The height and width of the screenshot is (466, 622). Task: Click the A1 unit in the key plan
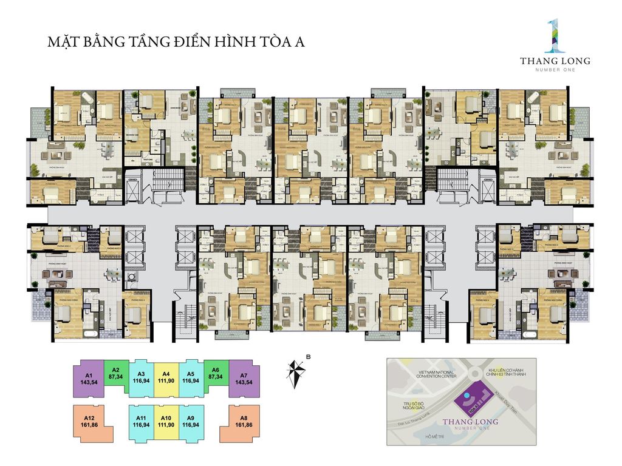(x=89, y=379)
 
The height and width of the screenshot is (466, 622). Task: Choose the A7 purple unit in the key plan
(x=244, y=379)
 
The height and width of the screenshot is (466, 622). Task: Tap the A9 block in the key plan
(x=190, y=422)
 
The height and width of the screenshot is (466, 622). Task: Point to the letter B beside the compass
(x=309, y=357)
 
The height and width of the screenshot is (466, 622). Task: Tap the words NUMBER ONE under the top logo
(x=555, y=70)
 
